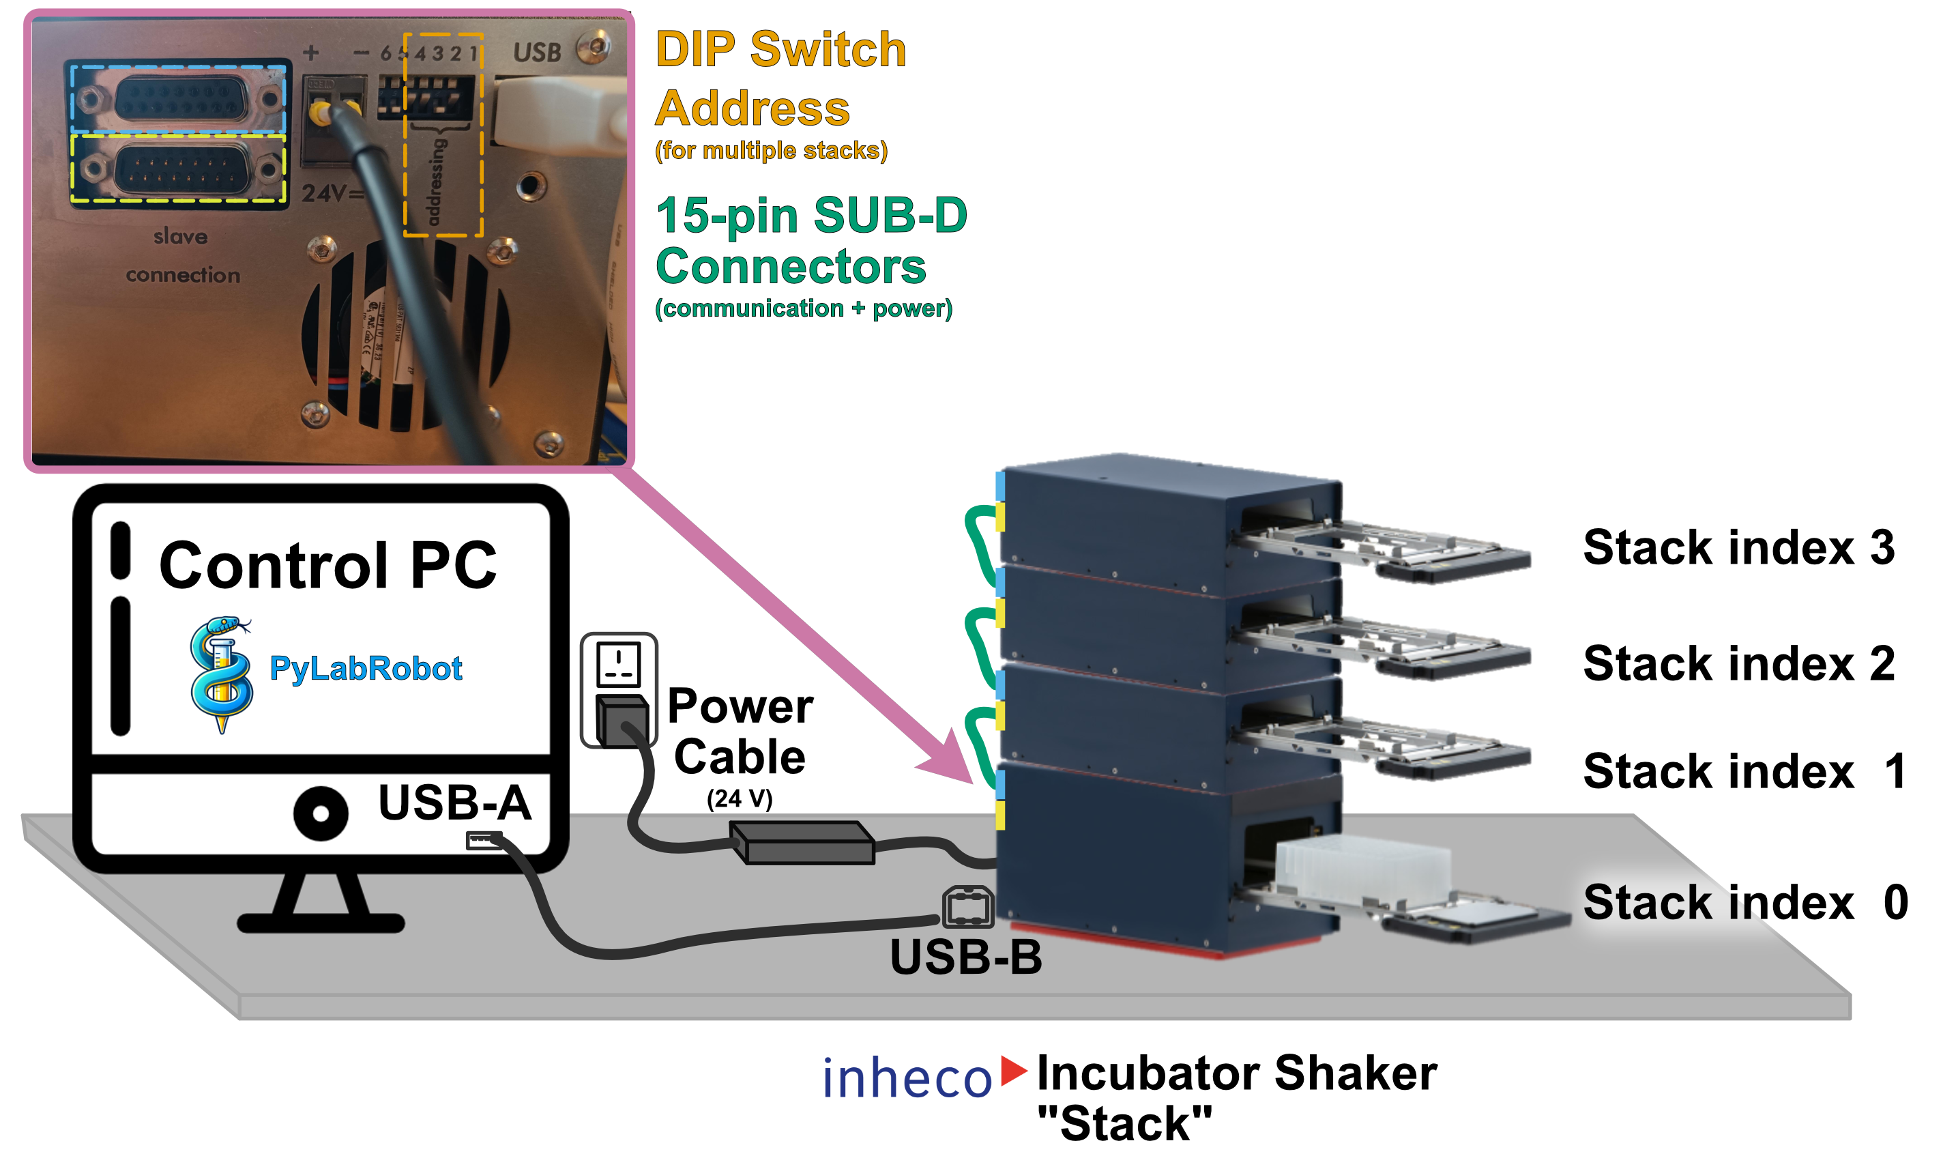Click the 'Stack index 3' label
pos(1738,547)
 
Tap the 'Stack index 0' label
pos(1744,902)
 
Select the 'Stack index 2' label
pos(1738,664)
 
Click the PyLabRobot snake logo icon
pos(221,673)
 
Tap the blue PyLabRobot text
pos(365,668)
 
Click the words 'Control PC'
pos(327,565)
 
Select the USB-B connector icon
pos(967,908)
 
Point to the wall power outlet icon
pos(618,665)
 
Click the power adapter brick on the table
pos(802,843)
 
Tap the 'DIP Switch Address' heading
pos(780,78)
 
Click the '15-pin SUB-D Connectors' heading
pos(810,240)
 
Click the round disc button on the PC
pos(321,813)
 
